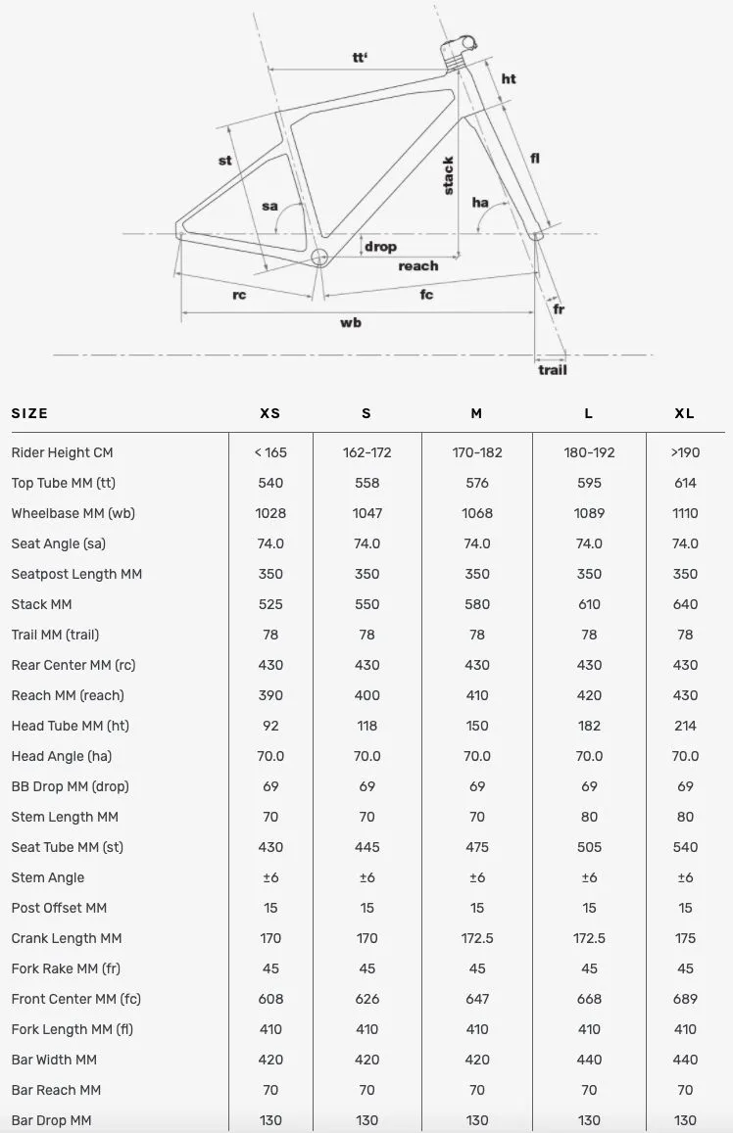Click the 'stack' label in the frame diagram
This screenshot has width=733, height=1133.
click(x=449, y=176)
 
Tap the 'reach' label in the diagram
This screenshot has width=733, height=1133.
click(x=418, y=266)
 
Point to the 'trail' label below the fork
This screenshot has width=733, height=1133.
click(x=552, y=369)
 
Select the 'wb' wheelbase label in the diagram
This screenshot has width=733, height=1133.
click(x=351, y=322)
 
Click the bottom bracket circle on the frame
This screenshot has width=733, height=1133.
click(x=319, y=258)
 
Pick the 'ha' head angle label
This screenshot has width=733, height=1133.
click(x=480, y=203)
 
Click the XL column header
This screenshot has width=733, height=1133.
click(x=685, y=413)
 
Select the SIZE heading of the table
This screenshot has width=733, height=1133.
click(x=29, y=413)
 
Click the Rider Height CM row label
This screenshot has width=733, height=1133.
click(x=63, y=452)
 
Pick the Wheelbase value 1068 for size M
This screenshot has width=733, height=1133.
click(x=476, y=513)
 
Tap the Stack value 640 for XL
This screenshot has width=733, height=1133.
click(x=685, y=604)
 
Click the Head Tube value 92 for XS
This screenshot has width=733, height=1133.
click(x=270, y=726)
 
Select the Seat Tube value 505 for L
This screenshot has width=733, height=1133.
click(x=589, y=847)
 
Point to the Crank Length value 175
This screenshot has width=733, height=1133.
click(x=685, y=938)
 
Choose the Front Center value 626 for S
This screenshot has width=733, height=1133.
click(x=366, y=999)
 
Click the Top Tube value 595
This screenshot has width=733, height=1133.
click(x=589, y=483)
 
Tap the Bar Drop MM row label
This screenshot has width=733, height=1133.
click(x=51, y=1120)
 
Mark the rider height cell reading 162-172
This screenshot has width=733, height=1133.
click(x=366, y=452)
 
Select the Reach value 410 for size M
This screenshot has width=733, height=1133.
click(x=476, y=695)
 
